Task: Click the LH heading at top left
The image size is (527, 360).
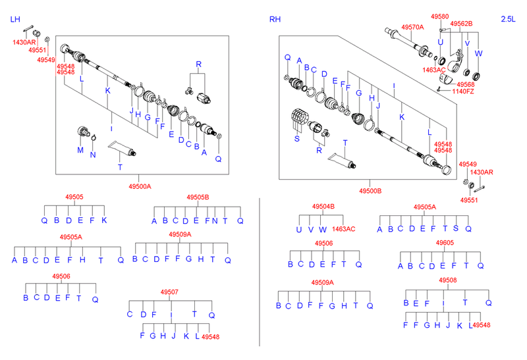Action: pyautogui.click(x=14, y=20)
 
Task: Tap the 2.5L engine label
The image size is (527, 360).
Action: pyautogui.click(x=509, y=20)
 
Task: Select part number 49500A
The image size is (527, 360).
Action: pyautogui.click(x=140, y=186)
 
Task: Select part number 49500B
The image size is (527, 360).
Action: pyautogui.click(x=370, y=191)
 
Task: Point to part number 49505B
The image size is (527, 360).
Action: pyautogui.click(x=198, y=197)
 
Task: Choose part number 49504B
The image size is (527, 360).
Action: pyautogui.click(x=323, y=207)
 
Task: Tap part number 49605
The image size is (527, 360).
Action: pyautogui.click(x=445, y=243)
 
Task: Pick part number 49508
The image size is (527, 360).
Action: pyautogui.click(x=447, y=280)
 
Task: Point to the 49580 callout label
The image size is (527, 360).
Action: pyautogui.click(x=439, y=16)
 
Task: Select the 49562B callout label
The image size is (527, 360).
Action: pyautogui.click(x=461, y=23)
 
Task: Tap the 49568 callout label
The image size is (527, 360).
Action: pyautogui.click(x=466, y=84)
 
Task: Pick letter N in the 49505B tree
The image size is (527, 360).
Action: pyautogui.click(x=215, y=220)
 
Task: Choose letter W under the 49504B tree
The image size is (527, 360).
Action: pyautogui.click(x=322, y=229)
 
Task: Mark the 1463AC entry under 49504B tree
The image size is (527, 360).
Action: pyautogui.click(x=343, y=229)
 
